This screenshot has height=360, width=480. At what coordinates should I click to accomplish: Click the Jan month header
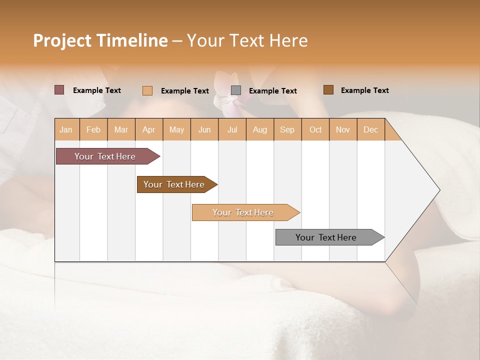coord(66,129)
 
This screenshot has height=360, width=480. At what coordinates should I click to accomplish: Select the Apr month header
coord(148,129)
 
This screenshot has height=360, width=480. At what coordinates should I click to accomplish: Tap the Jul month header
coord(232,129)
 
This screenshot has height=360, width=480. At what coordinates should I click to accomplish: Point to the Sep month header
coord(287,129)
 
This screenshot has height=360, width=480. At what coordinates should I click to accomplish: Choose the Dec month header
coord(370,129)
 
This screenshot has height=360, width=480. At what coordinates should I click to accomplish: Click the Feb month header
coord(93,129)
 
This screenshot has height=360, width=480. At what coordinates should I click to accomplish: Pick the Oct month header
coord(315,129)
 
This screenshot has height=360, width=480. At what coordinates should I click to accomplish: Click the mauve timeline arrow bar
coord(105,156)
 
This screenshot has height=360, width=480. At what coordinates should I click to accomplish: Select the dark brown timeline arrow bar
coord(174,184)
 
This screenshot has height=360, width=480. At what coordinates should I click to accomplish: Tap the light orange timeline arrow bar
coord(243,212)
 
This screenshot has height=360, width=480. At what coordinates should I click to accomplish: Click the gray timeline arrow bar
coord(326,237)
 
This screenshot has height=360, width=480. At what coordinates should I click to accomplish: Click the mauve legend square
coord(59,90)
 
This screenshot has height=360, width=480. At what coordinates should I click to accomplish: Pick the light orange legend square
coord(147,90)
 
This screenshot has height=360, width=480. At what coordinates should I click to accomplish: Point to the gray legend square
coord(236,90)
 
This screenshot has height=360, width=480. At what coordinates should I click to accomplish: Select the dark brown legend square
coord(328,90)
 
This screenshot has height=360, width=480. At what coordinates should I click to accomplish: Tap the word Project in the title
coord(62,40)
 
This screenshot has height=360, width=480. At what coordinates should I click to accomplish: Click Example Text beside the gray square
coord(272,91)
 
